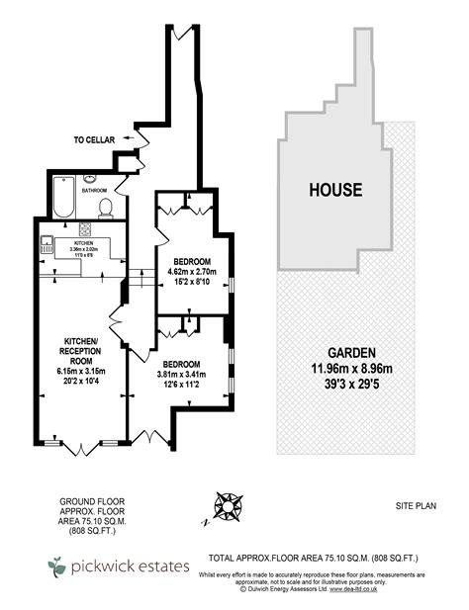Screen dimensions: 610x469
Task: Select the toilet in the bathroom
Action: click(105, 207)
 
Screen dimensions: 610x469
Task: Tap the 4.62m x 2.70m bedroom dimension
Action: click(192, 270)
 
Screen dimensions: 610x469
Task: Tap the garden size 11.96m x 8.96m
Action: click(345, 370)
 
